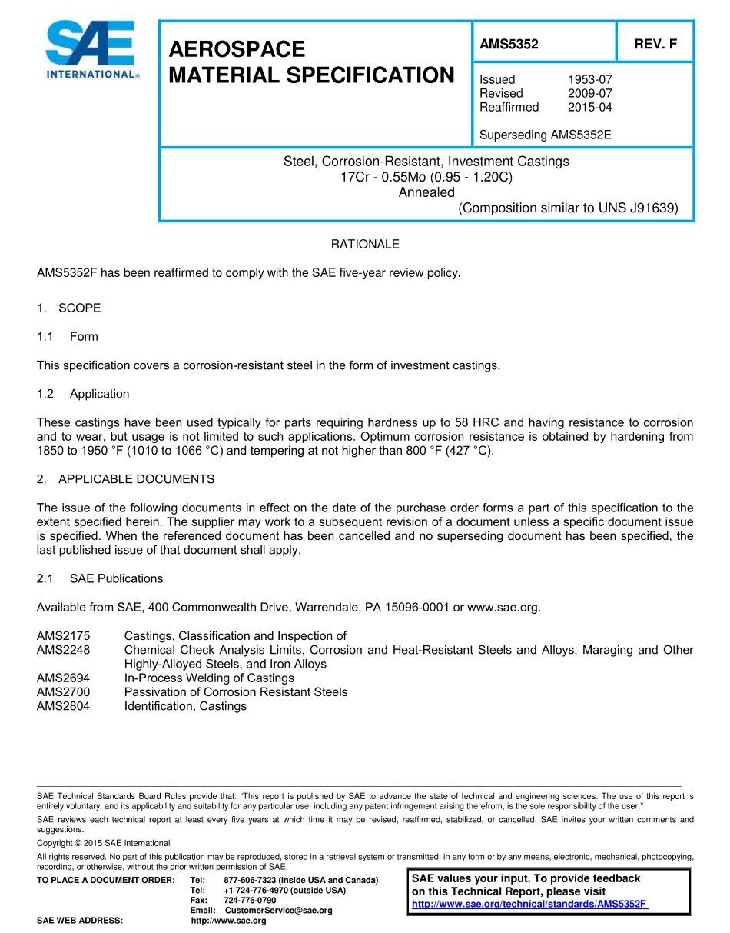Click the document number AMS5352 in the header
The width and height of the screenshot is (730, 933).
509,45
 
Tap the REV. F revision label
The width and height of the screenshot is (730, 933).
655,45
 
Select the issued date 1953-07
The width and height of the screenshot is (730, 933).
589,79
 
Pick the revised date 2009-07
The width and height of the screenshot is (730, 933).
589,93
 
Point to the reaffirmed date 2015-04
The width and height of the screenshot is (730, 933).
589,107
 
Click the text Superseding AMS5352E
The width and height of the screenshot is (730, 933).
545,135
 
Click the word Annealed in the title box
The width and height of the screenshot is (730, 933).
426,192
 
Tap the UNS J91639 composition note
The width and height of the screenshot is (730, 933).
568,208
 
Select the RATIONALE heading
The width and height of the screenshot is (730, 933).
365,244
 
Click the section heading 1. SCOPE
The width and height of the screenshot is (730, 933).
68,308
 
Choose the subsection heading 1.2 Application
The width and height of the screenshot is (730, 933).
83,394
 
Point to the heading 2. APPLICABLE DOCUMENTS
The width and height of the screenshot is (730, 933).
125,479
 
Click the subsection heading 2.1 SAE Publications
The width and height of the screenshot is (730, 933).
100,578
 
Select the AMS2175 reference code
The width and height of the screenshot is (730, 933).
63,636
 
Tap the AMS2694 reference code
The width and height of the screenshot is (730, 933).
63,678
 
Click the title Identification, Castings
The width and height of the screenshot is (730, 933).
185,706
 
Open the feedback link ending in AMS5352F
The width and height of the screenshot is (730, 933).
530,904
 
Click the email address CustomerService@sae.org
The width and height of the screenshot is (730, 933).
278,911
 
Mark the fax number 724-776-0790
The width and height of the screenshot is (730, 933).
250,900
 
